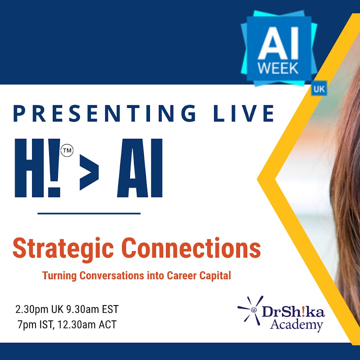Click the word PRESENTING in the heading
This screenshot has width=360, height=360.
[105, 113]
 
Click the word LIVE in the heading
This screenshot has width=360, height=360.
[244, 113]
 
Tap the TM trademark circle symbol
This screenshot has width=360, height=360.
[67, 151]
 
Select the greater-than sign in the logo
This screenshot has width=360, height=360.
[89, 172]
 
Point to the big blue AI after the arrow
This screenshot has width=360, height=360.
[140, 168]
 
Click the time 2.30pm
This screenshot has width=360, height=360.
[32, 310]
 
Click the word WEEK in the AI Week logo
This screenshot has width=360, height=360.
[278, 68]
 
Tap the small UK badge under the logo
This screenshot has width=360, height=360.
[319, 89]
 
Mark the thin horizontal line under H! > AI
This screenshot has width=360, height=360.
[89, 214]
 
